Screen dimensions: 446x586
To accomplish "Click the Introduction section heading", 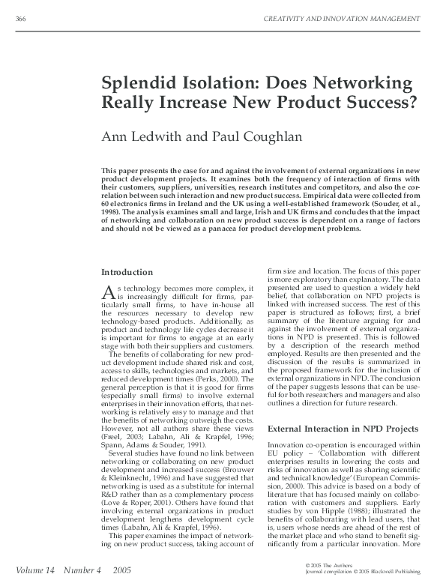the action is pos(127,271).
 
